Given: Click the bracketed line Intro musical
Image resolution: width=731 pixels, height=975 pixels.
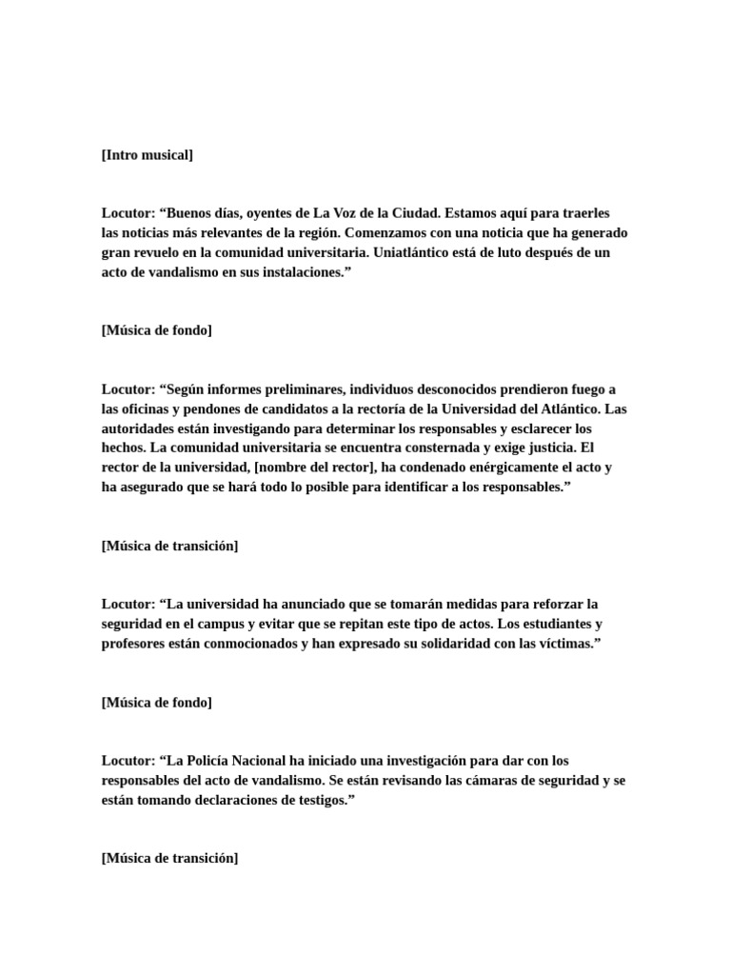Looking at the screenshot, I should click(x=147, y=155).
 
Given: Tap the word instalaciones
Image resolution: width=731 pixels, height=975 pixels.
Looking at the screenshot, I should click(x=292, y=272).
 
